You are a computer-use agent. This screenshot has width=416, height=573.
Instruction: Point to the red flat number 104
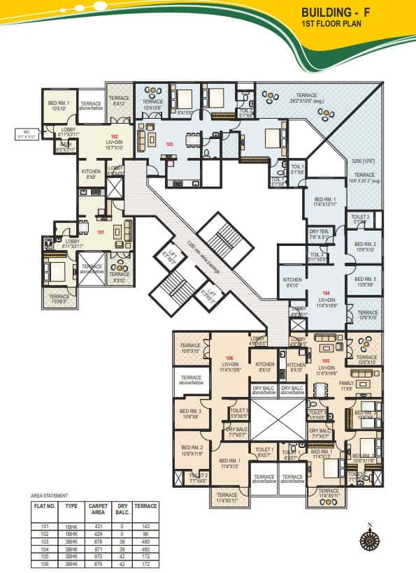326,293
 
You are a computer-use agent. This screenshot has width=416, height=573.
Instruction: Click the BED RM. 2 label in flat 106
192,450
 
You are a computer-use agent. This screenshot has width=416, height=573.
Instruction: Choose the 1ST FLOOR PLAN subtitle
340,24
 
